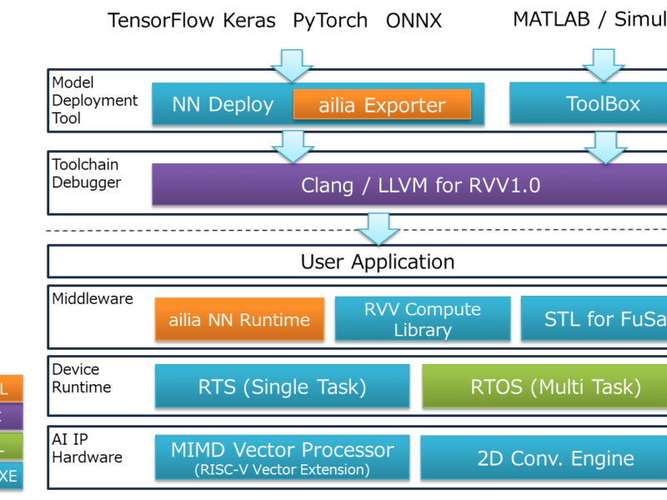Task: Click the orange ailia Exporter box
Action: click(x=382, y=106)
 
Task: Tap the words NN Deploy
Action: click(x=222, y=105)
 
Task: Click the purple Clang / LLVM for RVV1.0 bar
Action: click(x=409, y=184)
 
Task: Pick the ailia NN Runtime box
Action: click(x=239, y=319)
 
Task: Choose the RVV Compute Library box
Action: click(x=422, y=319)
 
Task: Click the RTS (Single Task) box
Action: click(x=282, y=386)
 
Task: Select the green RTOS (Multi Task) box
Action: click(x=544, y=386)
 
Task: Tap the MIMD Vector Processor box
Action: click(x=282, y=457)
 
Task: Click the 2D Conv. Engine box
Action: click(x=544, y=457)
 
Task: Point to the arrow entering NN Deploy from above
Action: click(x=292, y=65)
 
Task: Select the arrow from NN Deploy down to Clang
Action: click(x=293, y=146)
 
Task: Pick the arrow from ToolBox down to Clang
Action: click(x=604, y=146)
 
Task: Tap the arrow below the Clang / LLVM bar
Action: click(x=379, y=227)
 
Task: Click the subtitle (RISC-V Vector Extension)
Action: click(x=282, y=470)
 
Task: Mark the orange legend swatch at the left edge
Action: click(x=11, y=388)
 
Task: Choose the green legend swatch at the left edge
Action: click(x=11, y=447)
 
